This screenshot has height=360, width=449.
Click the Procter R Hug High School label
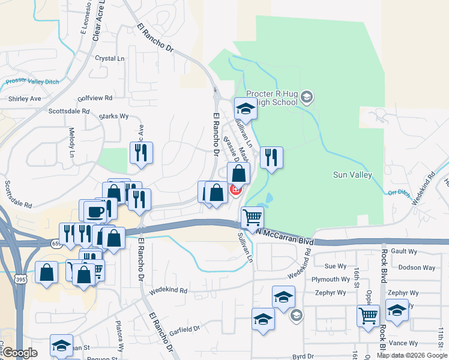coord(272,98)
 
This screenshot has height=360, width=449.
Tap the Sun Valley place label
coord(352,175)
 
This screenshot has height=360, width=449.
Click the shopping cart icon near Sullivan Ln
coord(252,217)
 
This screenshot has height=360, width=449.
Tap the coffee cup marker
coord(96,211)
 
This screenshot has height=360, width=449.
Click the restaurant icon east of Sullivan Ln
coord(271,158)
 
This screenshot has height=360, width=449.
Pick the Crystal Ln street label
coord(110,58)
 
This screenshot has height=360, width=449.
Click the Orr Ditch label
coord(397,193)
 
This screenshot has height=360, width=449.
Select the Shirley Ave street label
coord(25,98)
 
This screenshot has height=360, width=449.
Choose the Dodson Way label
coord(417,268)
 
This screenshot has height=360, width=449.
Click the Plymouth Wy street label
coord(331,280)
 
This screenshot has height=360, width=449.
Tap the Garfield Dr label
coord(184,329)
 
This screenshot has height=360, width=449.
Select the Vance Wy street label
coord(403,343)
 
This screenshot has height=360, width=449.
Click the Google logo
coord(20,353)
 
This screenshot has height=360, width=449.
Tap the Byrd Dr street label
coord(303,356)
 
